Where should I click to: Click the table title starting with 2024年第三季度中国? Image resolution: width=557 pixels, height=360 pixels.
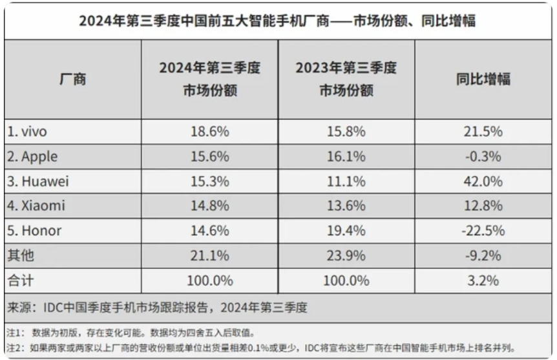click(277, 21)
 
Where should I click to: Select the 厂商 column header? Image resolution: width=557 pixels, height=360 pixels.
click(72, 79)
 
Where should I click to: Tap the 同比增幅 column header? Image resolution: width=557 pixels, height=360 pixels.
click(483, 79)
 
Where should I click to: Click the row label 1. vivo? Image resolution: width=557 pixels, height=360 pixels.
click(27, 131)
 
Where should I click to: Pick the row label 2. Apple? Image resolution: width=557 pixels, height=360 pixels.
click(32, 156)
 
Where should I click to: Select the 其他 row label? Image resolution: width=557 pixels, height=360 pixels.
click(21, 256)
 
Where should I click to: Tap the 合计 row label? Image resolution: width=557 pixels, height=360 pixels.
click(21, 281)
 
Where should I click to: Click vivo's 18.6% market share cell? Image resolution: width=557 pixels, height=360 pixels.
click(209, 131)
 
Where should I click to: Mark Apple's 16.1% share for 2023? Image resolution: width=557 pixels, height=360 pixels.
click(346, 156)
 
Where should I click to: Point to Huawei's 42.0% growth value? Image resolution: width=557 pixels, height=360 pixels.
click(483, 182)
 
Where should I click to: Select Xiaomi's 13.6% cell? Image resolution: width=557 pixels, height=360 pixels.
click(346, 206)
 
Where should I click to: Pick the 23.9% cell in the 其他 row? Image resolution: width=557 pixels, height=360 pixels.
click(346, 256)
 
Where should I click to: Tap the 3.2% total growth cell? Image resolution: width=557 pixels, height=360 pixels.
click(483, 281)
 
